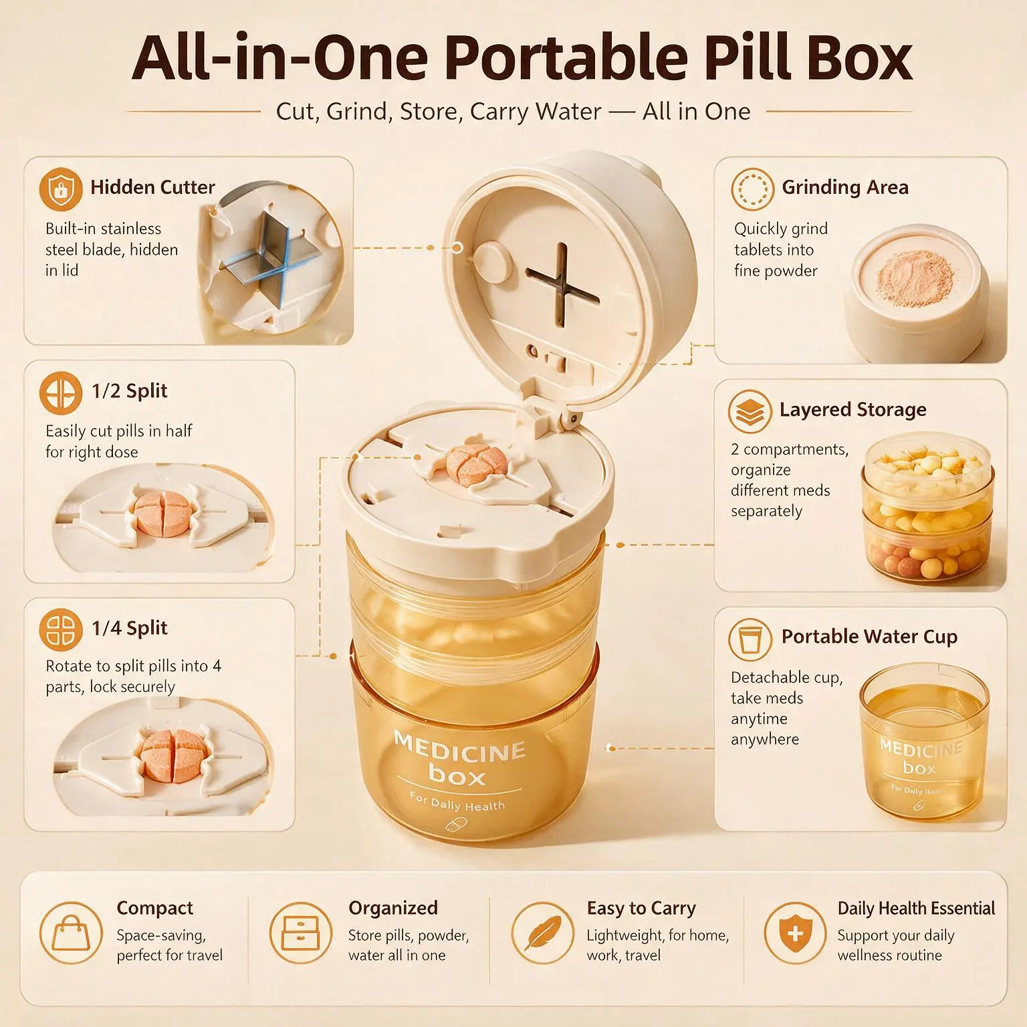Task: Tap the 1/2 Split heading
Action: click(130, 391)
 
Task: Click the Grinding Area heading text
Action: click(845, 187)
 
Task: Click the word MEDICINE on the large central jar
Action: click(459, 748)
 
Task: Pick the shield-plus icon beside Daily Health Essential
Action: click(795, 933)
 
